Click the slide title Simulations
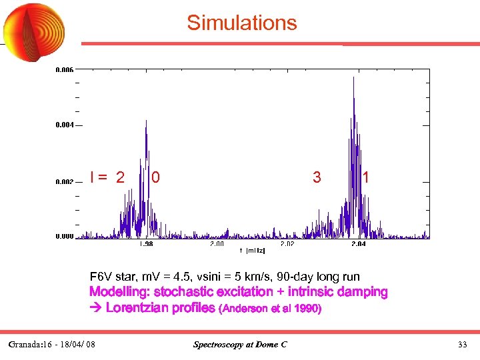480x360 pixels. tap(241, 23)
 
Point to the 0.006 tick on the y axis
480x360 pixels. tap(65, 69)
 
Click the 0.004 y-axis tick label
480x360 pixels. tap(65, 125)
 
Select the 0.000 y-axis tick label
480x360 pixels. tap(65, 236)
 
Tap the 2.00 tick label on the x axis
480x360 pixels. tap(217, 245)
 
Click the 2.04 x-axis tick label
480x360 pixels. tap(358, 245)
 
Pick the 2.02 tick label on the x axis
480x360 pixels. tap(287, 245)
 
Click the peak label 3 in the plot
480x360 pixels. tap(317, 177)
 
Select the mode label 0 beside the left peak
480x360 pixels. tap(155, 177)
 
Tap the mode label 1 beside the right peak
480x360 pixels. tap(366, 177)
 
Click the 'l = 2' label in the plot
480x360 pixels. tap(107, 177)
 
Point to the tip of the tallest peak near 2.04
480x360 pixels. tap(353, 77)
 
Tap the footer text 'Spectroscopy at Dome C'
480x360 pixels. tap(240, 345)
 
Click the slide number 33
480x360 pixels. tap(462, 345)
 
